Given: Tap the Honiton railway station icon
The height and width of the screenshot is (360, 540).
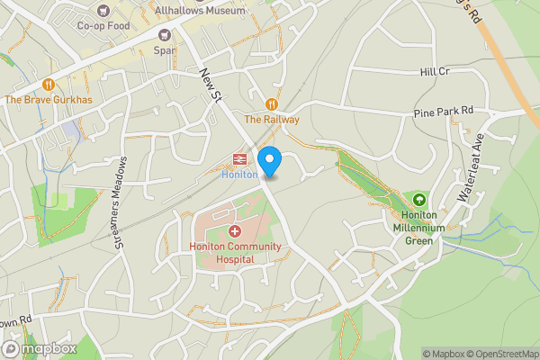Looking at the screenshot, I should (240, 160).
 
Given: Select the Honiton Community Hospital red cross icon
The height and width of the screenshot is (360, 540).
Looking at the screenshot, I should (222, 231).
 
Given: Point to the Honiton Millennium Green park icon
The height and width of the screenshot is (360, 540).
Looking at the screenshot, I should (418, 199).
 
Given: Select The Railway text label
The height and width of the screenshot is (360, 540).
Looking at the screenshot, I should (271, 119).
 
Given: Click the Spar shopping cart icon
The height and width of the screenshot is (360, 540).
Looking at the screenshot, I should (165, 35).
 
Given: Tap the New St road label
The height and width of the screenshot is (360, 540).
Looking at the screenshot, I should (211, 84).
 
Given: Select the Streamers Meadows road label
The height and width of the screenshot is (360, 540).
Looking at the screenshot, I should (119, 202).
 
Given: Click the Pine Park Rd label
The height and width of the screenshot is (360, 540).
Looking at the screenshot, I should (442, 113).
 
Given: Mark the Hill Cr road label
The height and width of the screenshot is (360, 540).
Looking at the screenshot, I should (434, 71).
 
